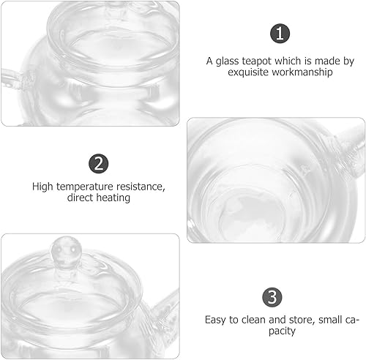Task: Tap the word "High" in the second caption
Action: [43, 186]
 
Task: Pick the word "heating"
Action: [115, 198]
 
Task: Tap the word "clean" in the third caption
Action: [254, 320]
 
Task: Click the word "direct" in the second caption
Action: [80, 198]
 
